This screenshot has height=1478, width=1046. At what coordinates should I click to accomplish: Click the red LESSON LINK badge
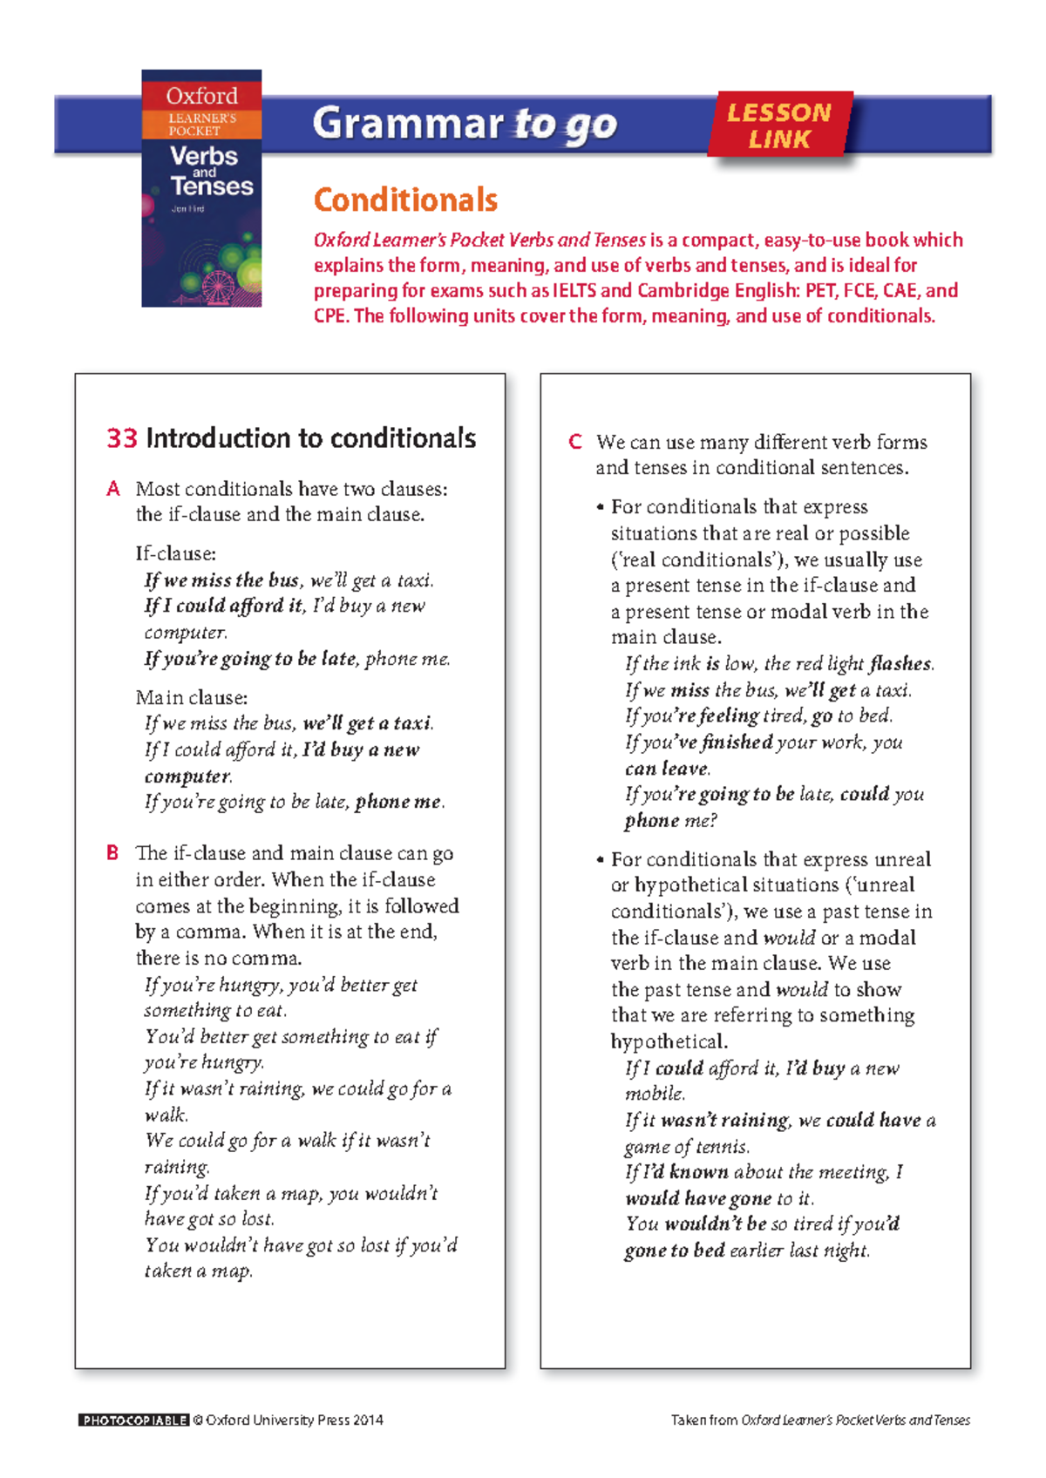click(779, 125)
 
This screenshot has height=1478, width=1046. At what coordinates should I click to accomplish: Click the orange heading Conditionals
click(405, 200)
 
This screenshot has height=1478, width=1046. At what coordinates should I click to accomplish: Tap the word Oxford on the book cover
click(201, 96)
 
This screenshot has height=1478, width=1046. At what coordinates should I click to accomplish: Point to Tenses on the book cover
click(212, 186)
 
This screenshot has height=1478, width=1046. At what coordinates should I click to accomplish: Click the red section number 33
click(122, 437)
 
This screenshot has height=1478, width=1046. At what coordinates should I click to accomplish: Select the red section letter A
click(113, 489)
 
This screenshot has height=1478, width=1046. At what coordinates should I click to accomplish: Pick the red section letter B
click(112, 852)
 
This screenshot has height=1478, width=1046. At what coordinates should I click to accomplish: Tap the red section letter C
click(575, 442)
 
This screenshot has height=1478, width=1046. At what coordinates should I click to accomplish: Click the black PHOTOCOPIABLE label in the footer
click(133, 1420)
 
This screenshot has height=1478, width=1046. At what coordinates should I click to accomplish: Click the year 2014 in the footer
click(368, 1420)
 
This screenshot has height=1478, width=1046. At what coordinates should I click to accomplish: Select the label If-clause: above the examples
click(176, 553)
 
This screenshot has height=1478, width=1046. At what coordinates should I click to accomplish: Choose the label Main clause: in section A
click(192, 697)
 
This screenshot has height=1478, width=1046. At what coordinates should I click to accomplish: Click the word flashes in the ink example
click(900, 664)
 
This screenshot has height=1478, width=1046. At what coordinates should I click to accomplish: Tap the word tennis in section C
click(723, 1147)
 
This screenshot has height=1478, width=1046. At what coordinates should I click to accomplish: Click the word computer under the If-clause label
click(185, 632)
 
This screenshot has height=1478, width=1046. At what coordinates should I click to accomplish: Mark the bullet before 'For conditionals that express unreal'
click(600, 860)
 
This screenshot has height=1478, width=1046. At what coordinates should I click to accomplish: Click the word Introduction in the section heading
click(219, 437)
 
